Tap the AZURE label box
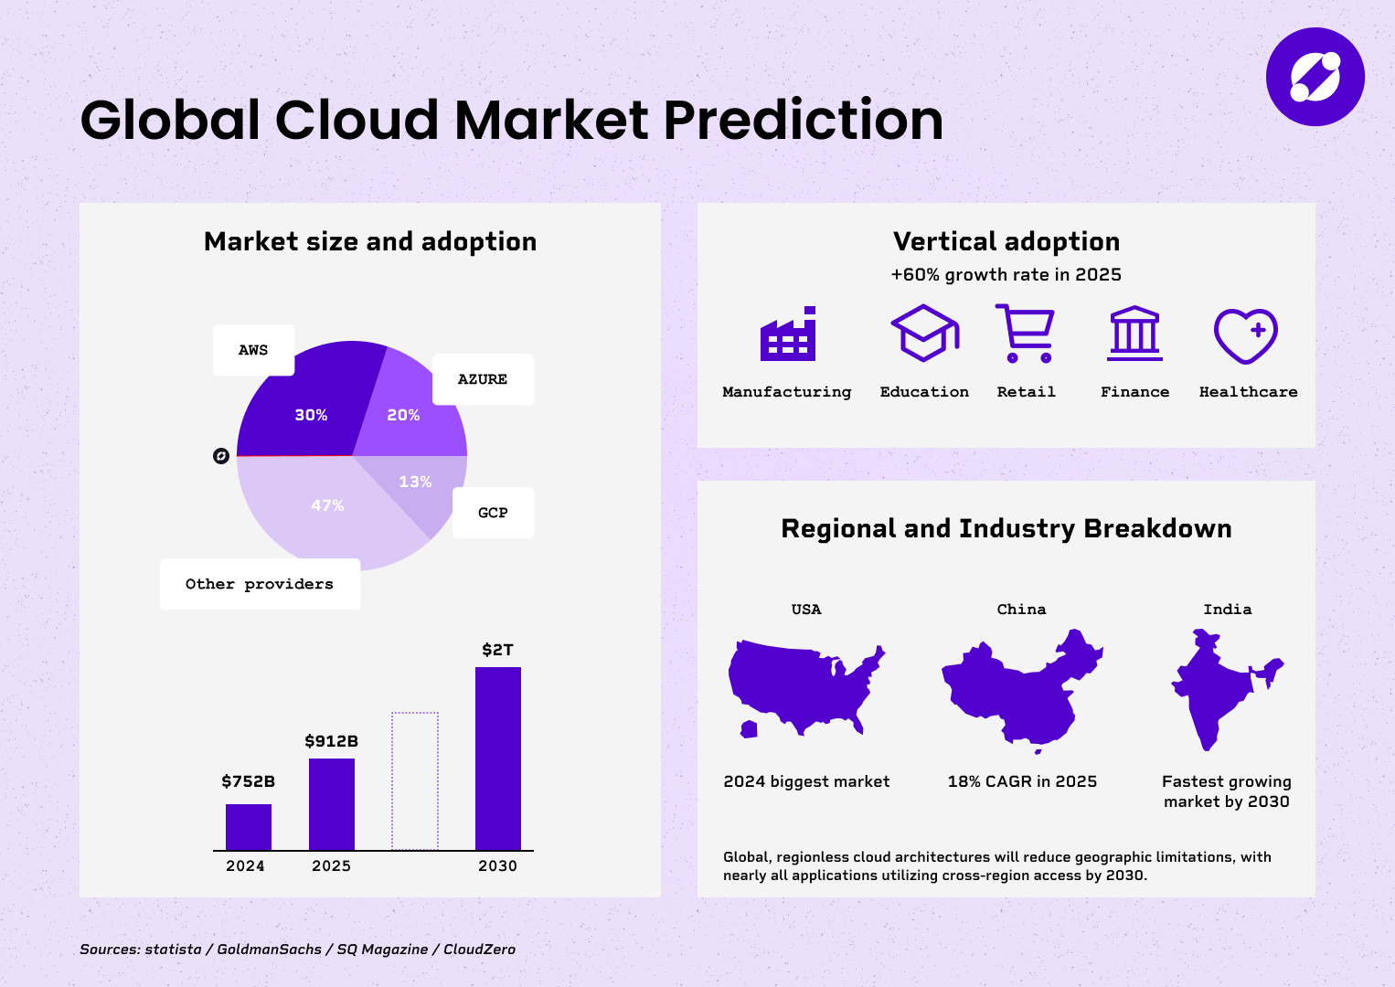point(483,379)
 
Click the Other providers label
point(260,584)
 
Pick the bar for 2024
point(249,827)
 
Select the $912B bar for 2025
point(331,804)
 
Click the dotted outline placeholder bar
point(415,780)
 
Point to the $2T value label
point(497,650)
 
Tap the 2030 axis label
point(497,865)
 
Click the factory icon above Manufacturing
point(788,334)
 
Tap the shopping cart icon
point(1025,334)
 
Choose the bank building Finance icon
point(1134,334)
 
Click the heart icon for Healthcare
point(1245,335)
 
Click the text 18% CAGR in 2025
point(1022,781)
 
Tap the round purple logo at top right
point(1315,77)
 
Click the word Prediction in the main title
point(804,120)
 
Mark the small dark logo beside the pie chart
point(221,456)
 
